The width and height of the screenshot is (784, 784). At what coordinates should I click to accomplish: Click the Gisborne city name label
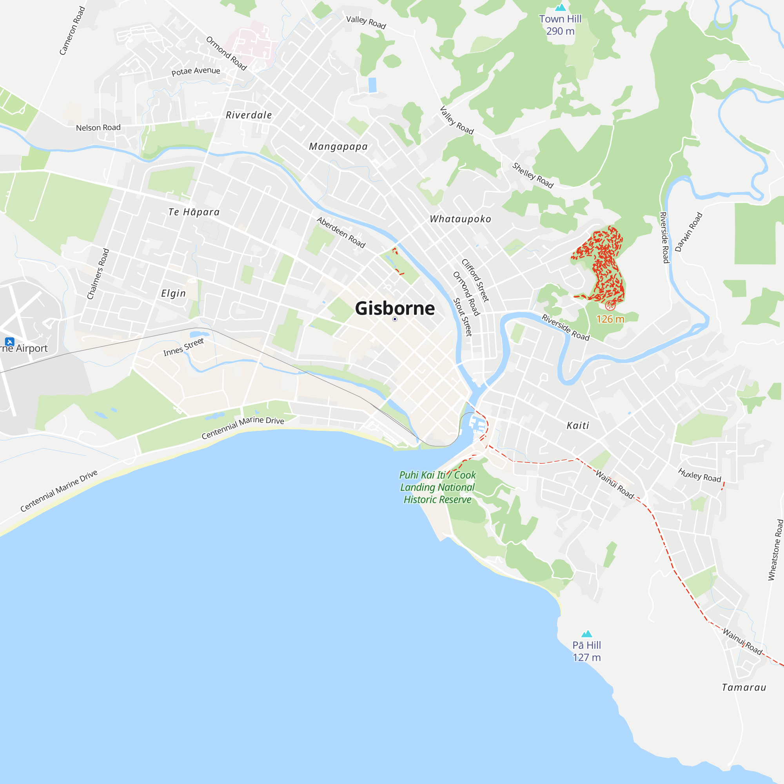pos(394,309)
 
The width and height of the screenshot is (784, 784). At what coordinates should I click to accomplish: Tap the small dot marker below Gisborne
pos(395,319)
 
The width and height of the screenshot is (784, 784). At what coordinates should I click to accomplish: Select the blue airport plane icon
pos(10,342)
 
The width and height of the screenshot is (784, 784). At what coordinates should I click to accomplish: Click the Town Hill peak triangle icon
pos(561,7)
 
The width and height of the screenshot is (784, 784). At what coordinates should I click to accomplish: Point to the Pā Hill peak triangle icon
pos(587,634)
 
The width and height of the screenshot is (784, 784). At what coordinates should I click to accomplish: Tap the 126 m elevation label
pos(610,319)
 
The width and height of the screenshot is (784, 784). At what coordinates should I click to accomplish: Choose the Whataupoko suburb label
pos(460,219)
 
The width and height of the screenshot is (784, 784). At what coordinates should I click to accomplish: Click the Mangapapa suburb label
pos(338,147)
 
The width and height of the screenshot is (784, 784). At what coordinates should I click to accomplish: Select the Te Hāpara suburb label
pos(194,212)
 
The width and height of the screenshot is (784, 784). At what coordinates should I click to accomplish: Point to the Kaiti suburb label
pos(577,425)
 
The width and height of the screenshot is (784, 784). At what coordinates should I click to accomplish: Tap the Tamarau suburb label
pos(744,688)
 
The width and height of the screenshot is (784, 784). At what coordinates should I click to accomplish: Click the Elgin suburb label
pos(173,293)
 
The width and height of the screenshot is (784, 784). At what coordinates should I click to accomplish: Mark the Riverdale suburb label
pos(249,115)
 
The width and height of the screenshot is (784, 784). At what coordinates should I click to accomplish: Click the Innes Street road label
pos(183,347)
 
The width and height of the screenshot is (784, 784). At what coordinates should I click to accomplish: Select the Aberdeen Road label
pos(341,232)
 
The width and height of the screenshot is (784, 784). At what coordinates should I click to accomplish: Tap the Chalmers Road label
pos(98,274)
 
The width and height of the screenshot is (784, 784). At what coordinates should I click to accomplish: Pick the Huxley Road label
pos(700,475)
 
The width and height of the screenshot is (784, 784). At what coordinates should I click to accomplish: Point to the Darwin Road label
pos(689,232)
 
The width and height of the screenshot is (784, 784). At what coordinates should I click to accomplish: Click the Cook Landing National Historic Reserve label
pos(437,487)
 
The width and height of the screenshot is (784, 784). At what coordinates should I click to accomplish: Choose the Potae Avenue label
pos(196,71)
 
